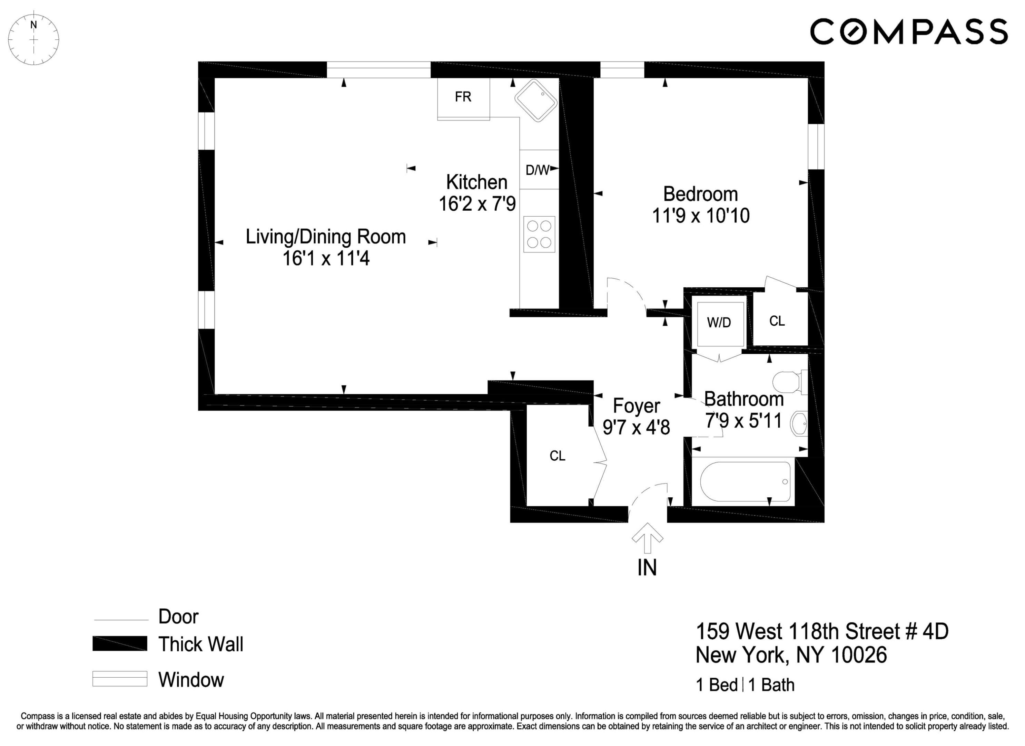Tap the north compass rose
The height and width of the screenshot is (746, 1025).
click(34, 39)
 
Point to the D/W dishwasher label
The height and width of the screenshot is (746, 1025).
click(537, 170)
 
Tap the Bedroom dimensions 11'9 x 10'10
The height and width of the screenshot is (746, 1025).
click(700, 216)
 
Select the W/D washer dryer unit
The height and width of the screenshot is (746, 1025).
click(719, 323)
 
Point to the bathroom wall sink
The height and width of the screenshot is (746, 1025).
click(799, 424)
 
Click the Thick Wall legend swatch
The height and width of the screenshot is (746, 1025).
click(120, 643)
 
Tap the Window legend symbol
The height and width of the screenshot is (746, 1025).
click(120, 679)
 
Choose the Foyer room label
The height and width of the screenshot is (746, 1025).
click(636, 406)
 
